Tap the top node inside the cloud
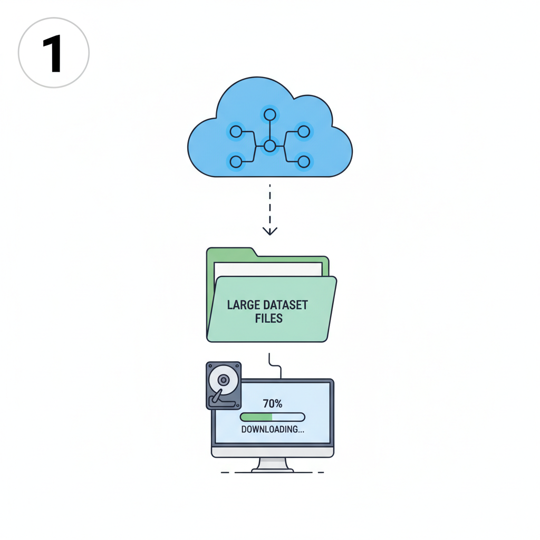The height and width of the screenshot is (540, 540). pyautogui.click(x=270, y=114)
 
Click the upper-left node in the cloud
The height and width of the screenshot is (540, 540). pyautogui.click(x=236, y=131)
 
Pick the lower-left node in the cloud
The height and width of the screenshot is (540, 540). pyautogui.click(x=236, y=161)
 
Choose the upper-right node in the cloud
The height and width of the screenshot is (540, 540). pyautogui.click(x=303, y=131)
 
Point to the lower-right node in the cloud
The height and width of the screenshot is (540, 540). pyautogui.click(x=303, y=161)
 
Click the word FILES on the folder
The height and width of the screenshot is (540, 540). pyautogui.click(x=269, y=319)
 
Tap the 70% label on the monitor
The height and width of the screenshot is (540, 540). pyautogui.click(x=272, y=404)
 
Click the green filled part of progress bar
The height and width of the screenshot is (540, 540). pyautogui.click(x=256, y=417)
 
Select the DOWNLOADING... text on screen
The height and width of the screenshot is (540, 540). pyautogui.click(x=273, y=429)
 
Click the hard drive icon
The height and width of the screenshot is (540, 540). pyautogui.click(x=224, y=385)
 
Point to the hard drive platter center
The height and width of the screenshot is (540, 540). pyautogui.click(x=223, y=380)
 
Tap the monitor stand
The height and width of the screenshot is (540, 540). pyautogui.click(x=273, y=465)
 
